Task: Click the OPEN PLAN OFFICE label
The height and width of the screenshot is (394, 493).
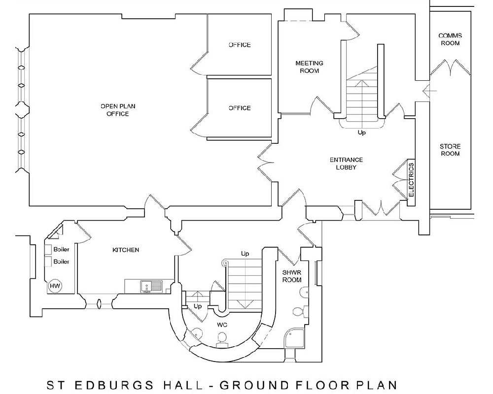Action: pos(118,110)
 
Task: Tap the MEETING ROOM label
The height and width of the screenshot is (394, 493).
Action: pos(310,67)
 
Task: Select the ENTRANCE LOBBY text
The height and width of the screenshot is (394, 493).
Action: pos(346,164)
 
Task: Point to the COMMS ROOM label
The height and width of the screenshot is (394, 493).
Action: pos(450,39)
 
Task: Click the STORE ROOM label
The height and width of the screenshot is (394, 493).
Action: pos(450,150)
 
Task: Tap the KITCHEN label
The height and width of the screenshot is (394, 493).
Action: pos(126,250)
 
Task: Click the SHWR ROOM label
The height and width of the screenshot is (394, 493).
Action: pos(292,276)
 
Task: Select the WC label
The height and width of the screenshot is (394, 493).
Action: pos(222,325)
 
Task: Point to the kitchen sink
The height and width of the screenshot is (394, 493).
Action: pos(151,286)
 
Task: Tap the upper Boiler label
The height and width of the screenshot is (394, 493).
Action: pos(61,250)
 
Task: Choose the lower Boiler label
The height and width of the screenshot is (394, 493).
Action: pos(61,262)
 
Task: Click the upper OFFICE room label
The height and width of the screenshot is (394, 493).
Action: pos(240,45)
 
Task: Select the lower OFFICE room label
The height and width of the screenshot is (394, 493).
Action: pos(240,108)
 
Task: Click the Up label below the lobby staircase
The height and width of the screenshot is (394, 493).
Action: pos(361,132)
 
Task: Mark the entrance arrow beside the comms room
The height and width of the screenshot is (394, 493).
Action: pos(429,91)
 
